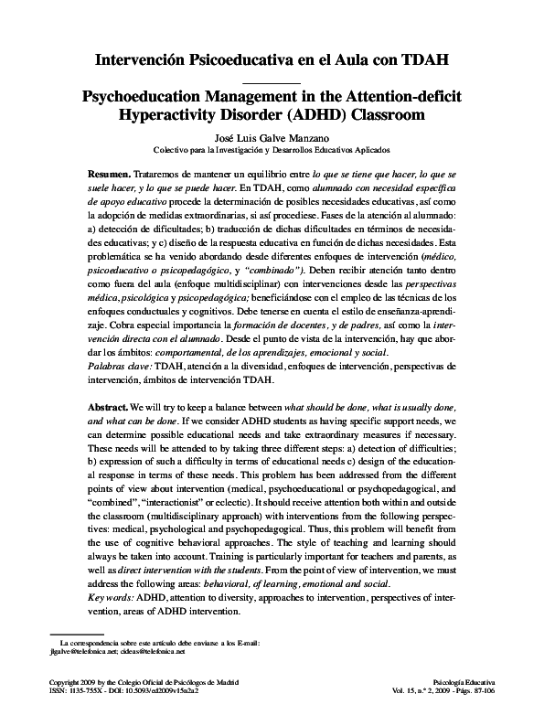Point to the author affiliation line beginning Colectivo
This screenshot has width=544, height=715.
click(x=272, y=150)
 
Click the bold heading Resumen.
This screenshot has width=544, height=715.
click(x=109, y=173)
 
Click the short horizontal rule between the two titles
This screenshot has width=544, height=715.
click(x=272, y=82)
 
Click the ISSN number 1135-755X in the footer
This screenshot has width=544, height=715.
click(x=80, y=692)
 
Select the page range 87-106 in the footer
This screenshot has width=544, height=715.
click(x=483, y=692)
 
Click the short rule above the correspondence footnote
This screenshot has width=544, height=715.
click(x=76, y=633)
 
